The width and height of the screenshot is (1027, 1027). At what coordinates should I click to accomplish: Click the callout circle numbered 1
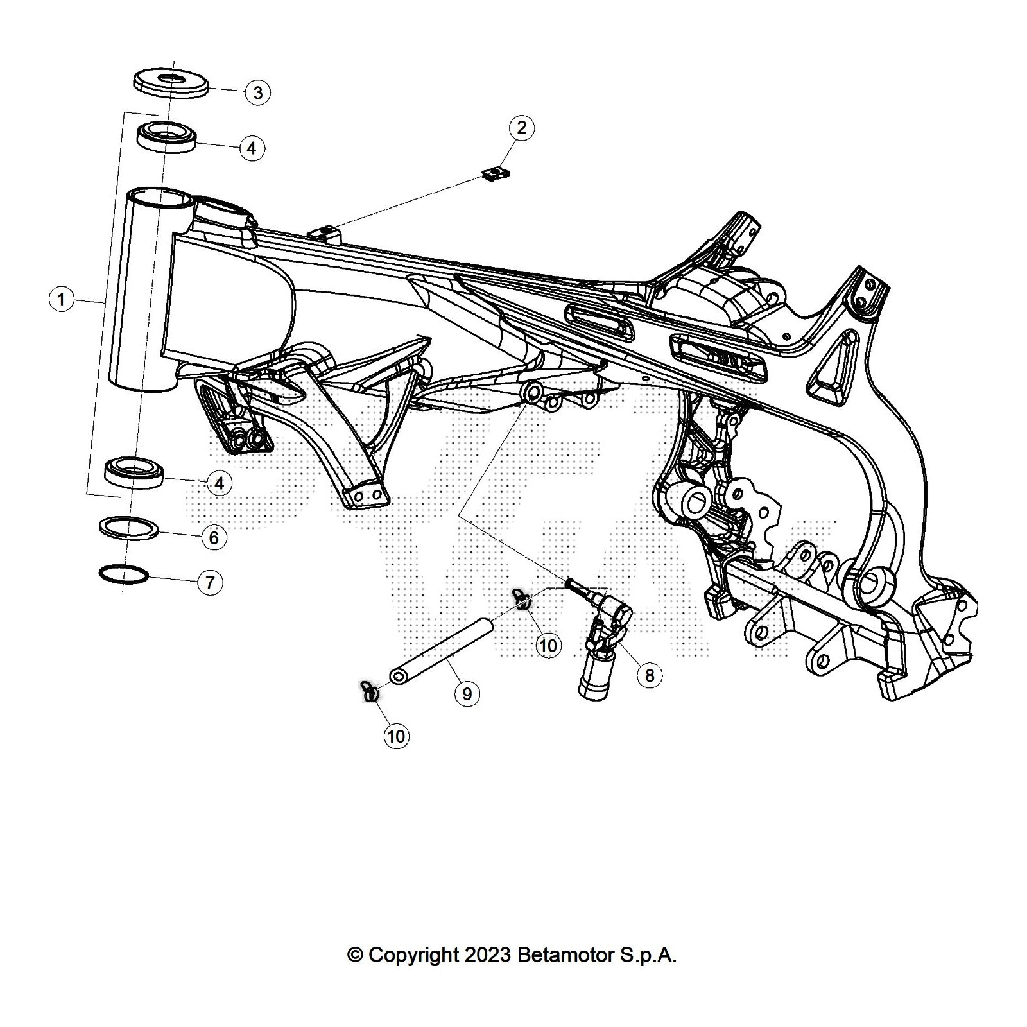pos(61,299)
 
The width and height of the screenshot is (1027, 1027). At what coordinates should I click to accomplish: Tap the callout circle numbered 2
pos(521,127)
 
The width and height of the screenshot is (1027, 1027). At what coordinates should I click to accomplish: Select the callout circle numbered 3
pos(257,92)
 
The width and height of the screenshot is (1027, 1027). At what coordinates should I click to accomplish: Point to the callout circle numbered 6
pos(214,537)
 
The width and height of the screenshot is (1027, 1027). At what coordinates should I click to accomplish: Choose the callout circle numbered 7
pos(210,583)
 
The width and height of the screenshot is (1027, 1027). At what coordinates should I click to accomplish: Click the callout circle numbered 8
pos(650,675)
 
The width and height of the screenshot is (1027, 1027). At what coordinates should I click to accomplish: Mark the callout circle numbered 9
pos(467,694)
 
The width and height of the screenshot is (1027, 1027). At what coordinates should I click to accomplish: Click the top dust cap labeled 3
pos(171,81)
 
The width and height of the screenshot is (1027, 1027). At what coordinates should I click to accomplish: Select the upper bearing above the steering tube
pos(167,137)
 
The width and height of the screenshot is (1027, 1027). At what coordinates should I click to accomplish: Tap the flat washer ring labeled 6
pos(129,527)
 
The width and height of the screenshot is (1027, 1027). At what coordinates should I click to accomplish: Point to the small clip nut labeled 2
pos(495,173)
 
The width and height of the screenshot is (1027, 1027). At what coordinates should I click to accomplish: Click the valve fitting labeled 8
pos(602,642)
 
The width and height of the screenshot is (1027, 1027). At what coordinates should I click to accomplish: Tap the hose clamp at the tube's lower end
pos(369,691)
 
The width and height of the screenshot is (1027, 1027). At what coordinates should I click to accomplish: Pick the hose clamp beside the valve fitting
pos(522,599)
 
